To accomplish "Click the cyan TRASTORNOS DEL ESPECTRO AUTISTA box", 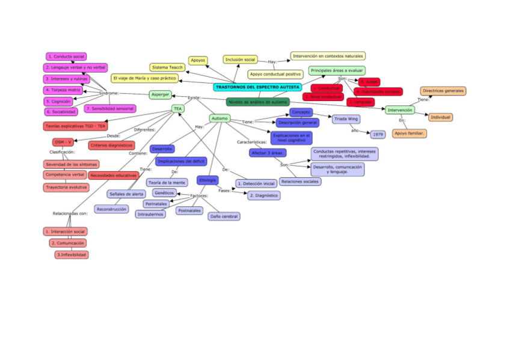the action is click(257, 87).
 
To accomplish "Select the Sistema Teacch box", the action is click(168, 67).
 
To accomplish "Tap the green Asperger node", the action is click(160, 94).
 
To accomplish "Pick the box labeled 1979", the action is click(378, 135).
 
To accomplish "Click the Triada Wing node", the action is click(346, 119).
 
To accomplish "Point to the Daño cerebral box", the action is click(224, 216).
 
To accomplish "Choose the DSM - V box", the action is click(63, 142).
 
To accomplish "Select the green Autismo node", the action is click(220, 119).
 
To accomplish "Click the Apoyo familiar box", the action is click(410, 133).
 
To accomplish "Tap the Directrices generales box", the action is click(443, 91).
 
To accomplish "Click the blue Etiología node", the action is click(207, 180).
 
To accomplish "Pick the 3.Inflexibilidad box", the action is click(72, 255).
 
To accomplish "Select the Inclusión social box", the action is click(241, 59).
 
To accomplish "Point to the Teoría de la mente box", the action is click(167, 182).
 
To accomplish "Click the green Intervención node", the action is click(400, 110).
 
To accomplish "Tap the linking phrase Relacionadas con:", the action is click(70, 213).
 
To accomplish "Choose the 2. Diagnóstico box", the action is click(263, 195).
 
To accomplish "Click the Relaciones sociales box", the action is click(300, 181).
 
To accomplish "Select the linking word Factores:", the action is click(199, 196).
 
